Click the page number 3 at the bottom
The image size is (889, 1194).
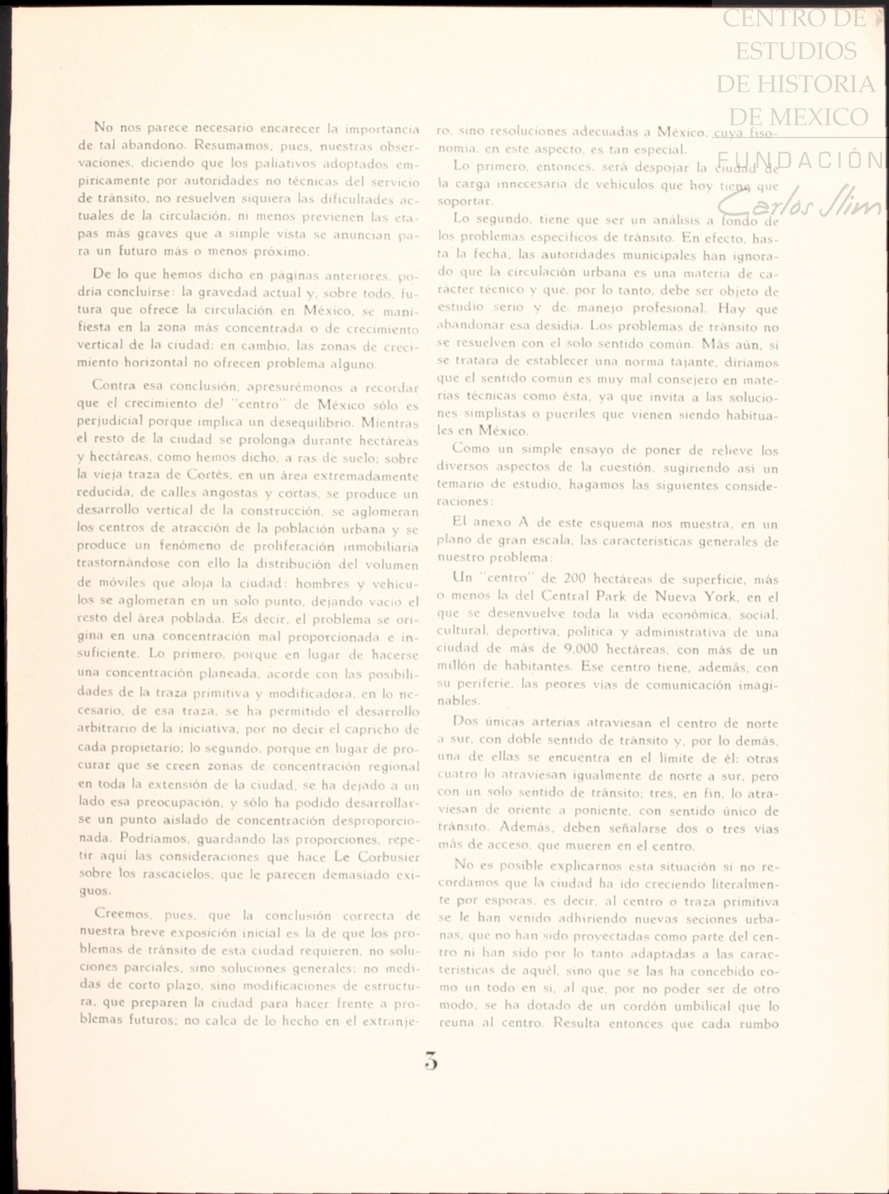[431, 1063]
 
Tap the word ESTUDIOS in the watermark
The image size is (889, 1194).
[796, 51]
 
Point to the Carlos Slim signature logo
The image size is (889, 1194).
[799, 203]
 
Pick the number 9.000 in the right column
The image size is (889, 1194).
[583, 650]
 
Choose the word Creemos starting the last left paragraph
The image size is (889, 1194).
[120, 915]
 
